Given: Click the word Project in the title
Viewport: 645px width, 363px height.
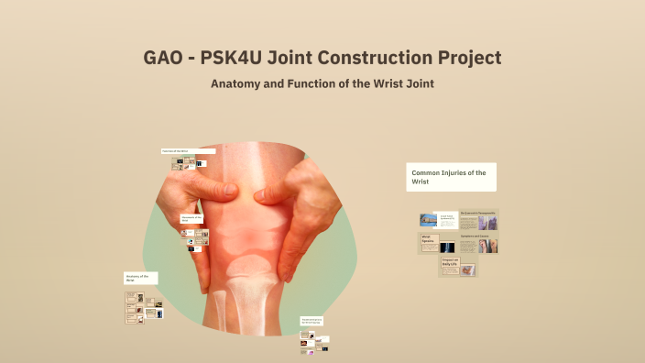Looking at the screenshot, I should [466, 58].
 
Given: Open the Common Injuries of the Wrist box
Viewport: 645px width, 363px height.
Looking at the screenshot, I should [451, 177].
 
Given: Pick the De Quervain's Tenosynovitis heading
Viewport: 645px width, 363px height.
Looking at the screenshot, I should [478, 214].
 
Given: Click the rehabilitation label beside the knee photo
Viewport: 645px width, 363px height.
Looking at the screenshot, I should [312, 322].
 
